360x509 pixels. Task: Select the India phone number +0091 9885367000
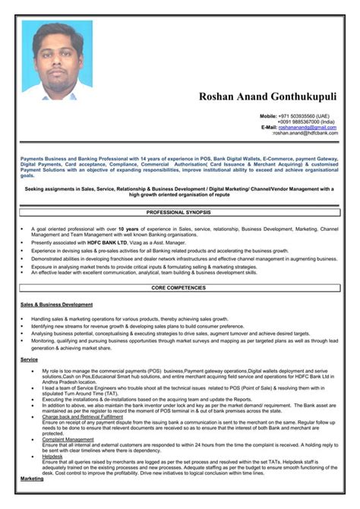tap(308, 121)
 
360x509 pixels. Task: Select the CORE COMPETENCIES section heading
tap(180, 288)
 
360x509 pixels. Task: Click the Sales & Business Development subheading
tap(56, 304)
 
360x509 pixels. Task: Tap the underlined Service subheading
tap(29, 359)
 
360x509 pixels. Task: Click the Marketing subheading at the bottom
tap(32, 479)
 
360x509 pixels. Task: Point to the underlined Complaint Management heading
tap(68, 439)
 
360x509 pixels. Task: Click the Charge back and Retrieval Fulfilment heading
tap(82, 417)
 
